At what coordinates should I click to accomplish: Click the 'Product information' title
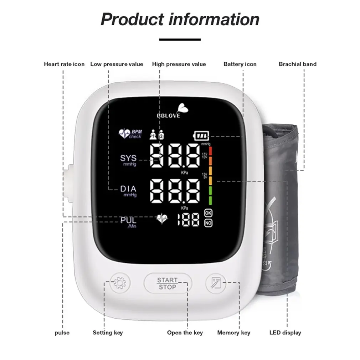point(180,19)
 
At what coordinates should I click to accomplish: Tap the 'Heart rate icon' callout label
point(64,64)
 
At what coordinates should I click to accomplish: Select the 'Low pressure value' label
point(117,64)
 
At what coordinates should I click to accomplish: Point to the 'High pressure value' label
point(179,64)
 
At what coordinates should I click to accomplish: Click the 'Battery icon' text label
point(240,64)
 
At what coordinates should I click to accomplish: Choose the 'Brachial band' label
point(298,64)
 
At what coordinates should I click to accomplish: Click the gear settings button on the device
point(119,283)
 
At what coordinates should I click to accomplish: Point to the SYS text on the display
point(128,158)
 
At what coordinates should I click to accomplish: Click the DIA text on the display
point(128,189)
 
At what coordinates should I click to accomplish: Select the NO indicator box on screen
point(208,223)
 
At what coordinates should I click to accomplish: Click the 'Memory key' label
point(234,333)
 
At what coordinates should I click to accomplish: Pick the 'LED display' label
point(285,333)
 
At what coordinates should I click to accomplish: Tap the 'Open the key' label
point(185,333)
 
